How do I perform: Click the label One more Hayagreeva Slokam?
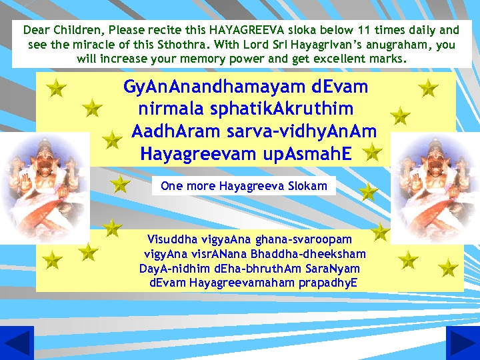(x=244, y=186)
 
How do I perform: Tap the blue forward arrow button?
(x=463, y=343)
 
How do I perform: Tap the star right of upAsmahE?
(x=373, y=153)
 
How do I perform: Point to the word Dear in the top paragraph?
(x=36, y=30)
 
